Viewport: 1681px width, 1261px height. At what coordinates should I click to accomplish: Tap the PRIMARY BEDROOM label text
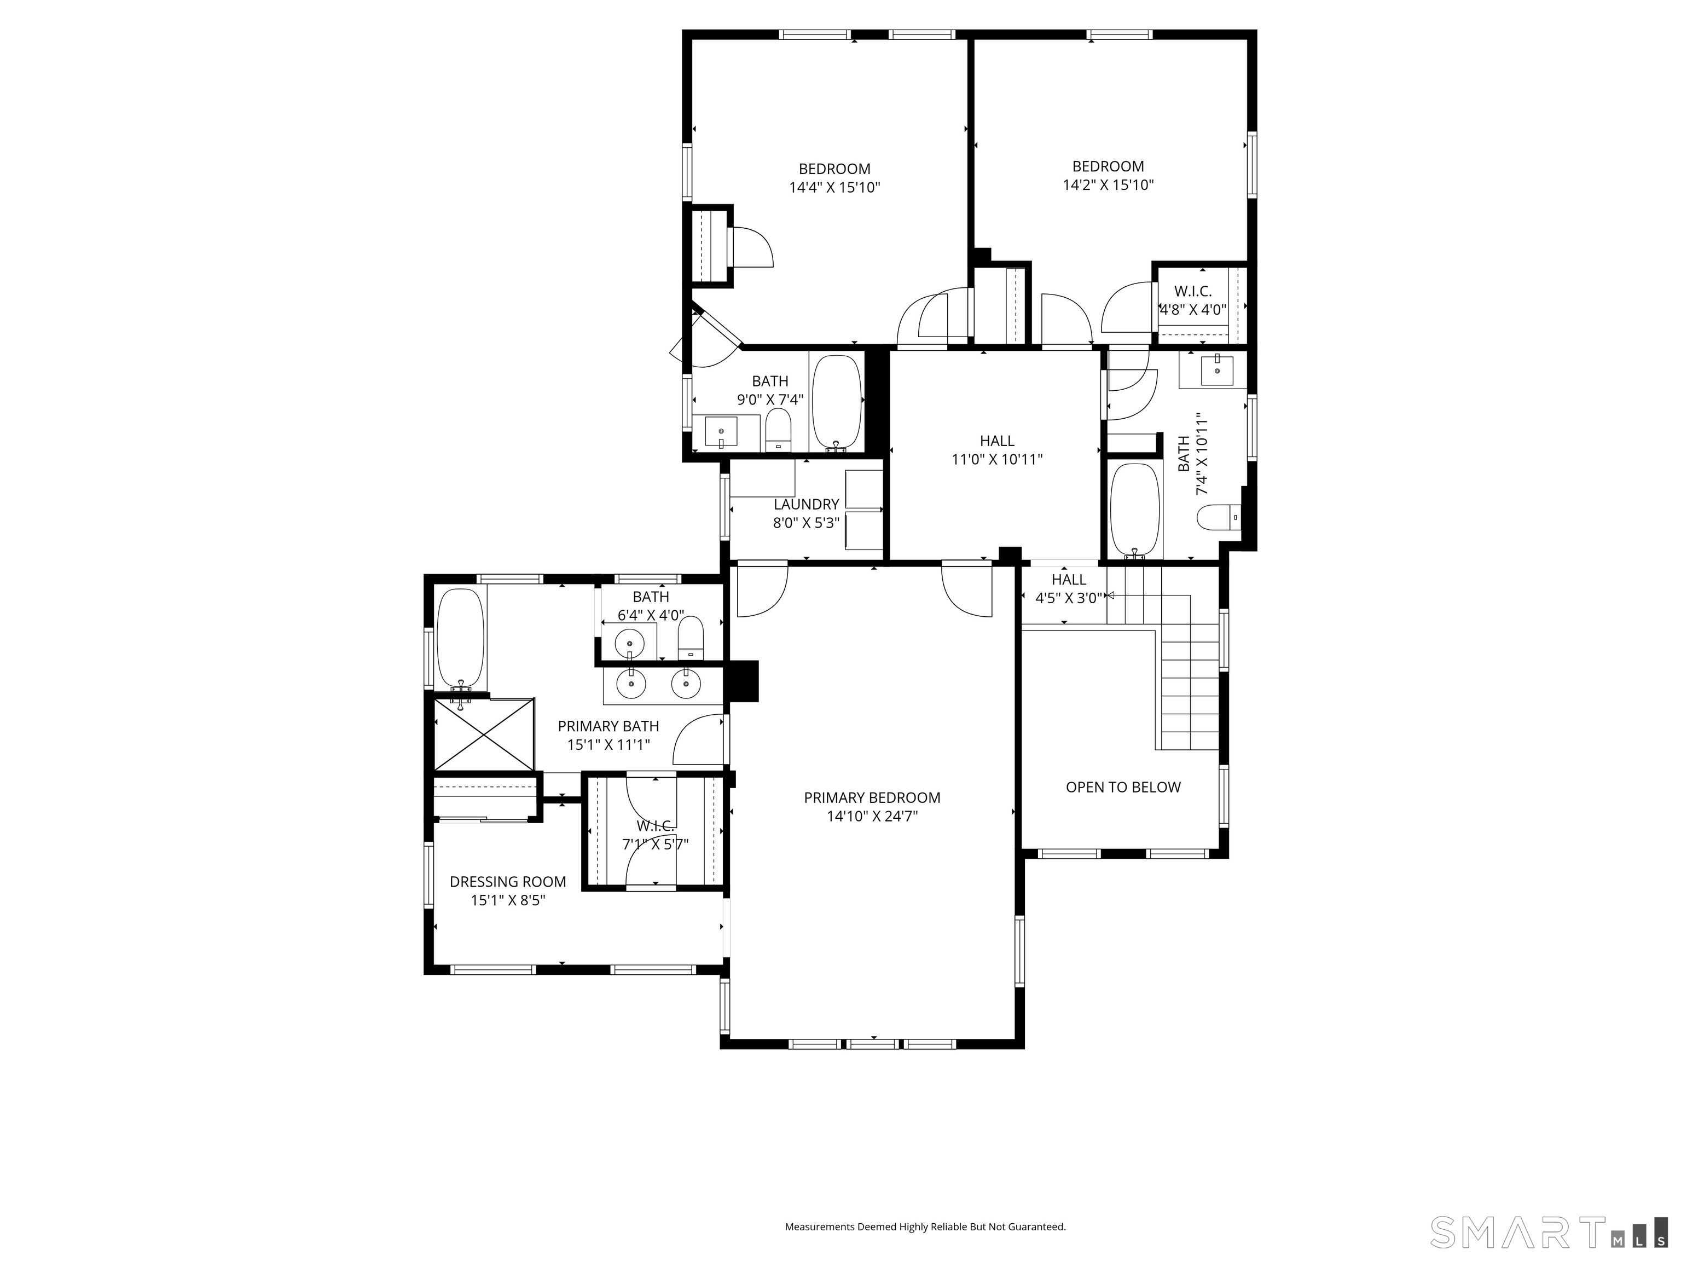[x=872, y=797]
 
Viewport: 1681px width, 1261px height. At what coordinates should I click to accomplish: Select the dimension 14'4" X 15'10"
[x=834, y=187]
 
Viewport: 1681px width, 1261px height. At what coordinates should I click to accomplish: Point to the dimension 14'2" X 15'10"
[x=1108, y=184]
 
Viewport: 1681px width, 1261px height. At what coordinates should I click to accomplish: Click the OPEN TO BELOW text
[x=1123, y=788]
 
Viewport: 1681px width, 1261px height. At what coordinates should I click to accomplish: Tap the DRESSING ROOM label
[x=508, y=882]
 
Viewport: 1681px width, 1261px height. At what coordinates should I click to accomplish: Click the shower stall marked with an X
[x=484, y=734]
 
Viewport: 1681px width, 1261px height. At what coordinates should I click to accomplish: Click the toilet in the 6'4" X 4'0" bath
[x=691, y=637]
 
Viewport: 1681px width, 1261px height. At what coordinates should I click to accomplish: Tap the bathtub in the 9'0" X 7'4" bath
[x=837, y=403]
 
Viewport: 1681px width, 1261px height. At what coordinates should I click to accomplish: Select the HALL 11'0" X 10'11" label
[x=997, y=450]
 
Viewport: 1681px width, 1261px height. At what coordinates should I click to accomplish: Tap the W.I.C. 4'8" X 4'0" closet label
[x=1192, y=300]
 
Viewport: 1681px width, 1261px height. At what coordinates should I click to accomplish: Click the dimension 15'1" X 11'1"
[x=608, y=744]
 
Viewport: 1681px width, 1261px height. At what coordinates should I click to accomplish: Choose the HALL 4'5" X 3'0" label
[x=1069, y=588]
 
